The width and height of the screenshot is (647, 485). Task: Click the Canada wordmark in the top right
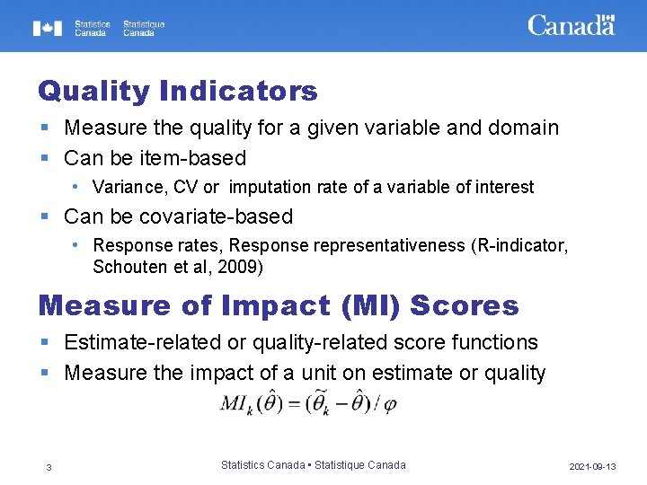pos(571,25)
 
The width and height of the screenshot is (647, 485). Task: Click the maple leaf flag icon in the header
pos(48,28)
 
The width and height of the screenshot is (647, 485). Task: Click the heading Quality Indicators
pos(178,91)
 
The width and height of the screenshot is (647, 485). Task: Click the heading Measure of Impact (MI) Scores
pos(279,305)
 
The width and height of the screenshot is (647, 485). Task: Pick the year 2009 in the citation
pos(244,267)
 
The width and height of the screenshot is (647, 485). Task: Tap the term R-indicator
pos(521,246)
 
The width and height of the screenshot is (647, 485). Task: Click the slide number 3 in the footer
pos(49,466)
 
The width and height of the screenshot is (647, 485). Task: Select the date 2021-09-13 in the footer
pos(592,467)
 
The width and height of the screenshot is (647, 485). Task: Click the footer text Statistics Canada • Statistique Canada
pos(313,465)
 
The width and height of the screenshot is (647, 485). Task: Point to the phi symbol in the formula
pos(389,405)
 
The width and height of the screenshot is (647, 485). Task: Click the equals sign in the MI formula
pos(297,405)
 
